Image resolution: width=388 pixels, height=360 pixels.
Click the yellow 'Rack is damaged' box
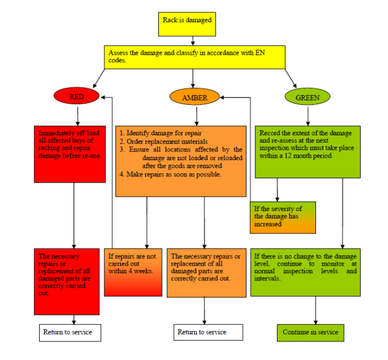[x=187, y=24]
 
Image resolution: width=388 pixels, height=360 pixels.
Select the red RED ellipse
[x=76, y=96]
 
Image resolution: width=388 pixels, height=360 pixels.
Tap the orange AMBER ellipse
[x=194, y=97]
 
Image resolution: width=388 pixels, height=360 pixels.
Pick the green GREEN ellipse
[x=307, y=97]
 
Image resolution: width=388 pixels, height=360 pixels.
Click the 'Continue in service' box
[x=310, y=333]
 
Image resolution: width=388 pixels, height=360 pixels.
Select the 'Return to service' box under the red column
[x=70, y=333]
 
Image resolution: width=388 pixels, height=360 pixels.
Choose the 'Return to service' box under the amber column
[x=208, y=332]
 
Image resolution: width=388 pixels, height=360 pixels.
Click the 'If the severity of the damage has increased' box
[x=283, y=217]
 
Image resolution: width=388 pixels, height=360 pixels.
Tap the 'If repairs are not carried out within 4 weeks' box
[x=133, y=272]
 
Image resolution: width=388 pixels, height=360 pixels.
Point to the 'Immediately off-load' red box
[x=70, y=154]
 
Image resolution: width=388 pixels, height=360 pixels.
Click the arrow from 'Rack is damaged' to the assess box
[x=193, y=41]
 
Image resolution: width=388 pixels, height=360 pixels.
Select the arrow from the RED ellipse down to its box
[x=78, y=116]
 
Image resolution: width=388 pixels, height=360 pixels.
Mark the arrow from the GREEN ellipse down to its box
[x=308, y=116]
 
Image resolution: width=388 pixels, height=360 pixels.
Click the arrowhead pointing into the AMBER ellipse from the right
[x=222, y=97]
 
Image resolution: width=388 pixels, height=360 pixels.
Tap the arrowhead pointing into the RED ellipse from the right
[x=103, y=97]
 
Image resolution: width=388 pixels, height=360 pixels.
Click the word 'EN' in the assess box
[x=260, y=53]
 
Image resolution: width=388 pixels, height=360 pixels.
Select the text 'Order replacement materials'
[x=167, y=142]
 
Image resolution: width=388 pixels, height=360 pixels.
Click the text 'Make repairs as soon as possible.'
[x=174, y=174]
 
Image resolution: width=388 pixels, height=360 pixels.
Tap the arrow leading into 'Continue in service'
[x=315, y=310]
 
